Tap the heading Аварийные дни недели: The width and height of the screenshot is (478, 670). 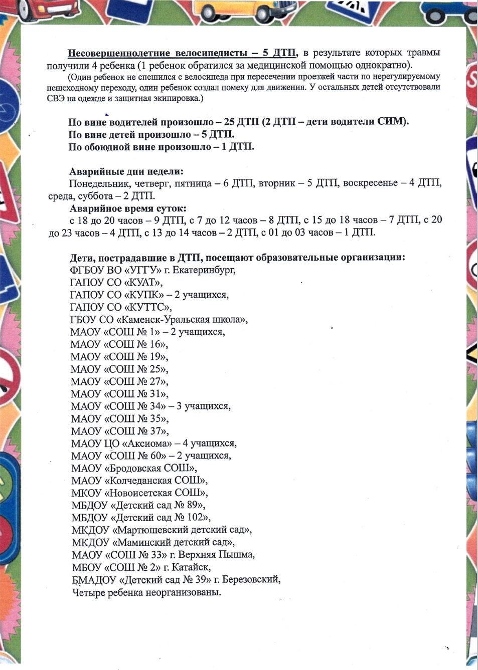pos(126,171)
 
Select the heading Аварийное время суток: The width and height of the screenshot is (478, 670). pos(128,208)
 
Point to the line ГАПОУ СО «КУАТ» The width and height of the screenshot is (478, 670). pos(116,283)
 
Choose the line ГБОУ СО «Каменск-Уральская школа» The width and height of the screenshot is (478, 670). pos(159,320)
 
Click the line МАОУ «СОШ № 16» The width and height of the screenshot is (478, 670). pos(119,344)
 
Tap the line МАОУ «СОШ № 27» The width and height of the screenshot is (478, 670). pos(119,381)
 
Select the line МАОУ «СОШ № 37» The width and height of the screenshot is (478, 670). pos(120,431)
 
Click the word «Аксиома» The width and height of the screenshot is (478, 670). pos(146,443)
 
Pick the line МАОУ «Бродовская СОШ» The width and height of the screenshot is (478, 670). pos(134,468)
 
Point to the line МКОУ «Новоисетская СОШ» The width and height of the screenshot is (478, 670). pos(139,493)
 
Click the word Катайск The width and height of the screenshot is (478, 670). pos(191,567)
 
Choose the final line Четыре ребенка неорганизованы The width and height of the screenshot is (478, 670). pos(146,592)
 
